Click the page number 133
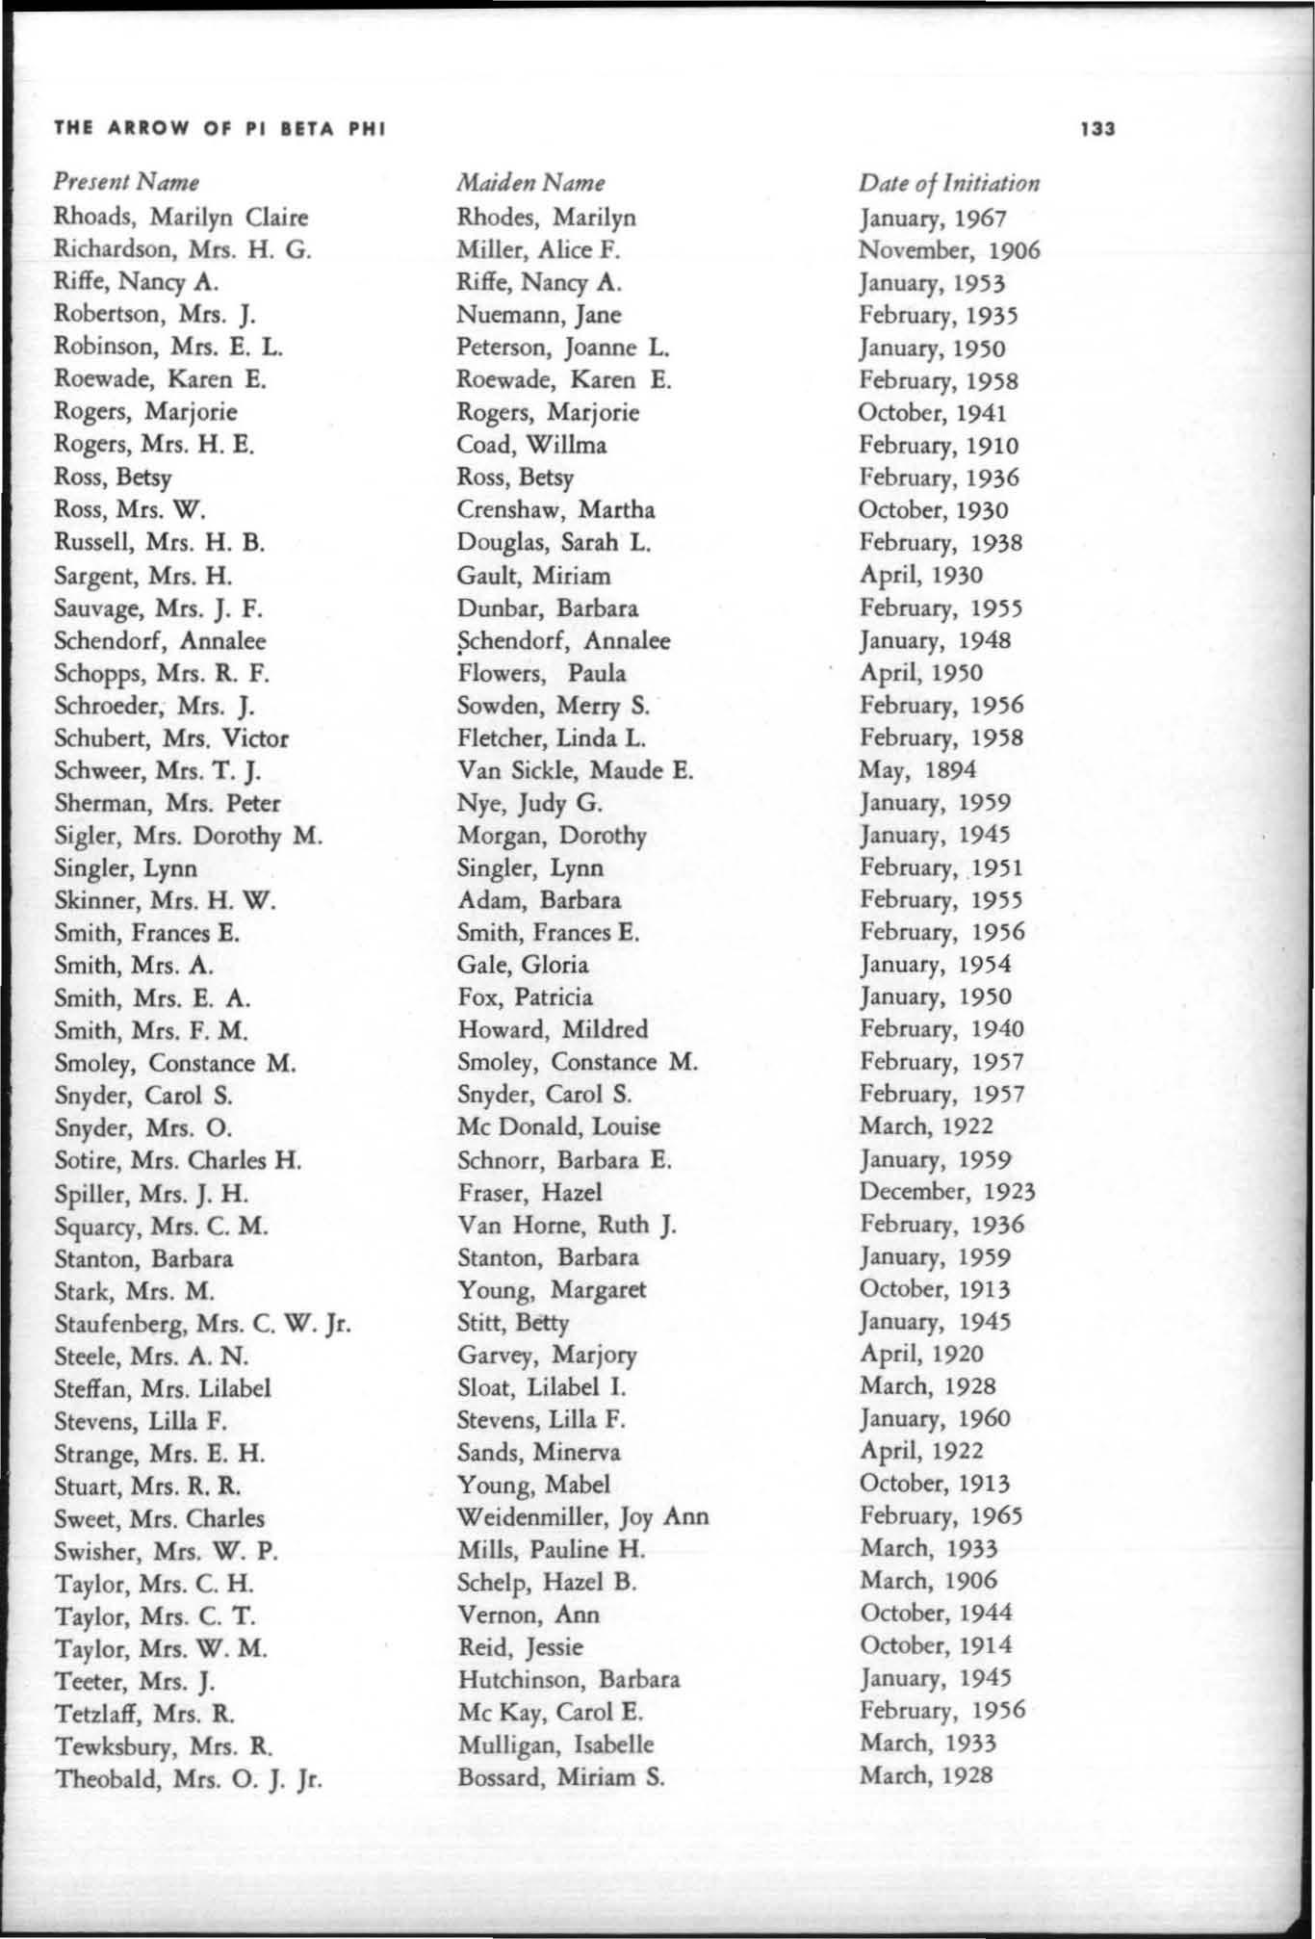[1096, 129]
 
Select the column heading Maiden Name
[530, 183]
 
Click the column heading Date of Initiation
[949, 183]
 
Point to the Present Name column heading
[126, 182]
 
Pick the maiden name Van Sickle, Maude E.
[575, 770]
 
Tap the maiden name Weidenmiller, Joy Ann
[582, 1517]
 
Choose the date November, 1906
[949, 250]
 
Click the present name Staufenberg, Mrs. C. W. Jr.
[202, 1324]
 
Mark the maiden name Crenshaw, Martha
[555, 509]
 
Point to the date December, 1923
[946, 1192]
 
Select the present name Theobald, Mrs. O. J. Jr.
[188, 1778]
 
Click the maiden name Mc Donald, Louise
[558, 1126]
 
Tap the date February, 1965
[941, 1516]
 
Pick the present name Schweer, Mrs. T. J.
[158, 771]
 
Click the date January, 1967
[933, 218]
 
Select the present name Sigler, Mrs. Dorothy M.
[188, 836]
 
